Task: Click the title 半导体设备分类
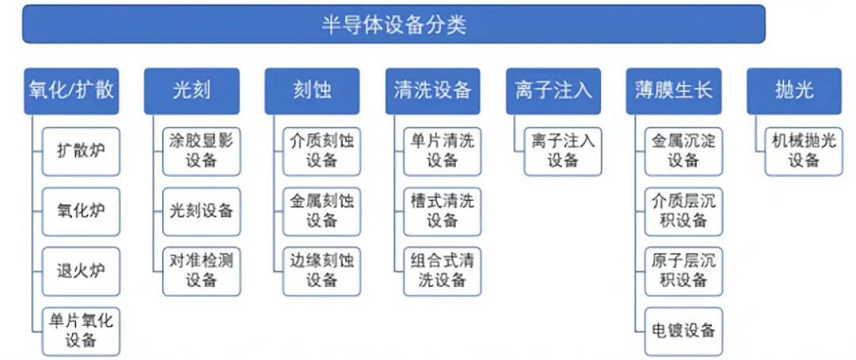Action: [x=394, y=25]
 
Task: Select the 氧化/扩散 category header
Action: [x=71, y=90]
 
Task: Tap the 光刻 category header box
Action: [x=192, y=90]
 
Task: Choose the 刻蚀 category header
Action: [x=312, y=90]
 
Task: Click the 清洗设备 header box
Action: [x=433, y=90]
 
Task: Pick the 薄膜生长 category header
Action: [x=674, y=90]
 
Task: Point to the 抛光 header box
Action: [x=794, y=90]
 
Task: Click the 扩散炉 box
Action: [x=81, y=151]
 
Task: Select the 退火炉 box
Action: [x=81, y=271]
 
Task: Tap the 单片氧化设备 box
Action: [x=81, y=331]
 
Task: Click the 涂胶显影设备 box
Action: [x=201, y=151]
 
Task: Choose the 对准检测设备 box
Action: [x=201, y=271]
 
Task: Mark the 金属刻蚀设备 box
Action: [x=322, y=212]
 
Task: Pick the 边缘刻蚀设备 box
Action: [x=322, y=271]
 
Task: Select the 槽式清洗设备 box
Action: [x=442, y=212]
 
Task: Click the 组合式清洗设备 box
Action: [x=442, y=271]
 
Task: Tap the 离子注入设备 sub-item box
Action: [x=563, y=151]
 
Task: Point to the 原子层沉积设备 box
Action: [x=683, y=271]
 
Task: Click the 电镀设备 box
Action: [x=683, y=331]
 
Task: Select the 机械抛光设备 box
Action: [x=804, y=151]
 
